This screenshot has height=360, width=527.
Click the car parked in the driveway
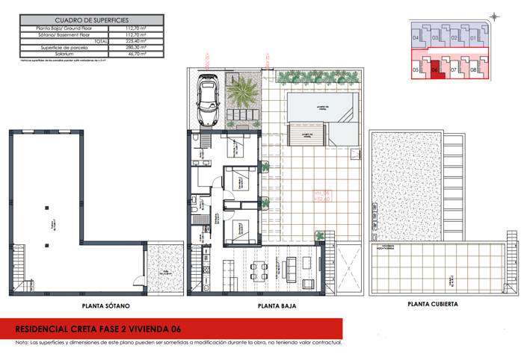[x=207, y=101]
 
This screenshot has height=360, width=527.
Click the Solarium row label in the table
[x=62, y=53]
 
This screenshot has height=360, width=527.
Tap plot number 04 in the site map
[x=416, y=37]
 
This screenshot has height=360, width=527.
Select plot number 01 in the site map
[x=472, y=37]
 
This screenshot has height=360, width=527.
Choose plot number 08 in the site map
[x=473, y=70]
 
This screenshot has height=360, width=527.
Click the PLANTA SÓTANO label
[x=105, y=306]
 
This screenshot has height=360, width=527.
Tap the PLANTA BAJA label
[x=274, y=306]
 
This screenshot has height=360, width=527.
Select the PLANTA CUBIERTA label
[x=433, y=304]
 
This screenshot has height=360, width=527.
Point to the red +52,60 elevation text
[x=323, y=199]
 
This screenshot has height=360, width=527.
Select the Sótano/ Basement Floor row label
[x=62, y=34]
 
